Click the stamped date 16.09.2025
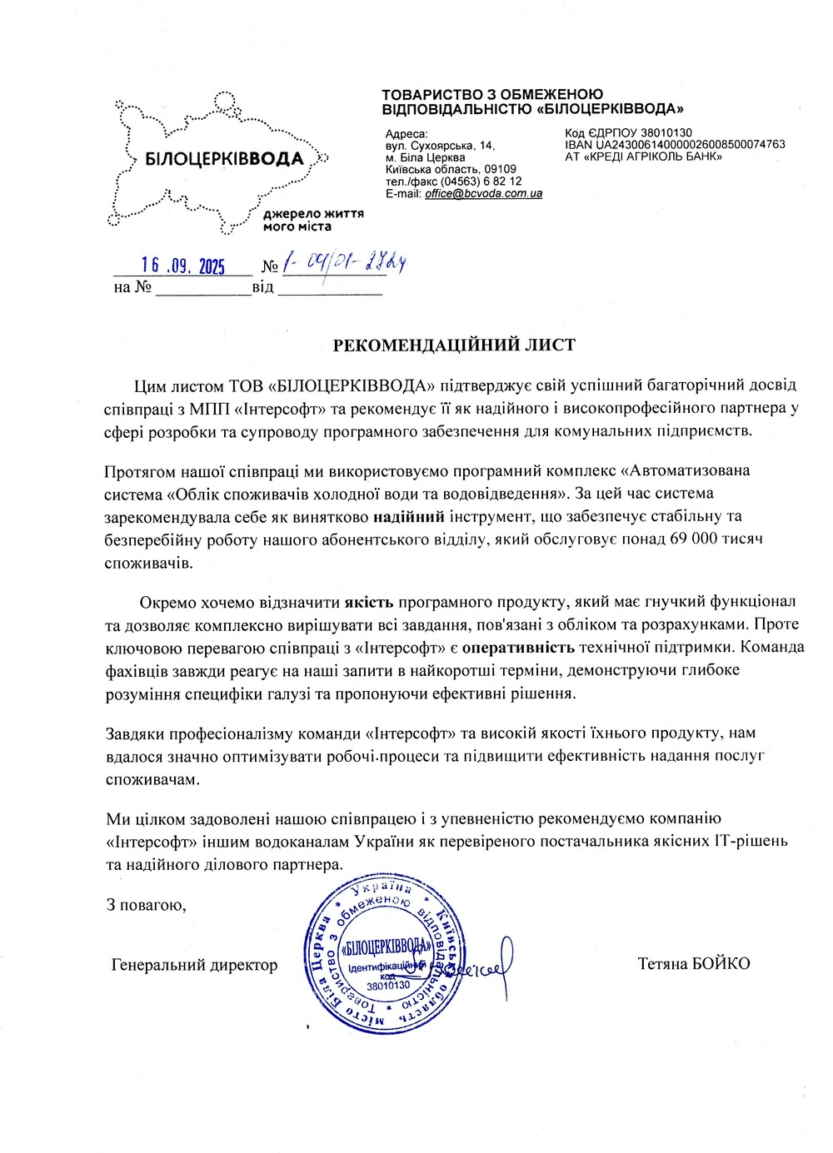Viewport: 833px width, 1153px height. coord(182,266)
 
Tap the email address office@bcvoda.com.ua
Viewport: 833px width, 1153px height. coord(483,194)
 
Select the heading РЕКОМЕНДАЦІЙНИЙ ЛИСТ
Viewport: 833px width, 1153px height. coord(454,345)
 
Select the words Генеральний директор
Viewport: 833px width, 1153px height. coord(194,965)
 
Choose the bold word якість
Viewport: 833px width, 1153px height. coord(369,602)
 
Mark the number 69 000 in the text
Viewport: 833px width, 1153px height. coord(693,539)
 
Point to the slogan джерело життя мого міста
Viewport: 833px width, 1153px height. coord(312,220)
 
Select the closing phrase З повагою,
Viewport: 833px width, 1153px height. coord(146,905)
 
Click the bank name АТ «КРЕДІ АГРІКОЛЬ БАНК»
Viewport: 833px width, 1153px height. coord(643,157)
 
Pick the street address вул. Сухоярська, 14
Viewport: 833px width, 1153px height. coord(440,146)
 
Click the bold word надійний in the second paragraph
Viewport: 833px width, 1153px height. coord(408,517)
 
